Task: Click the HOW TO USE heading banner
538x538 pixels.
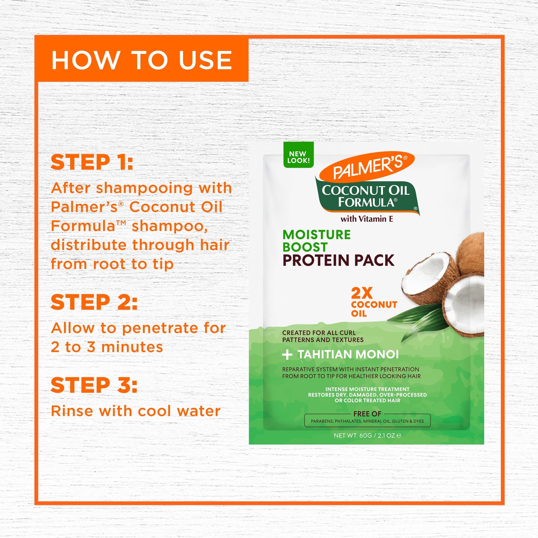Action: point(141,59)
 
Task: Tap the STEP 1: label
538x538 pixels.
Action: point(92,162)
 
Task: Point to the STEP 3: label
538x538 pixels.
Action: point(94,385)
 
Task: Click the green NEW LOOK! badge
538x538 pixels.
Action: point(298,155)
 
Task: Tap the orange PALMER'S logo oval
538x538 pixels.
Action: point(367,167)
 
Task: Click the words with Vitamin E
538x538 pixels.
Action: point(367,219)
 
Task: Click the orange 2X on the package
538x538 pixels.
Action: point(361,293)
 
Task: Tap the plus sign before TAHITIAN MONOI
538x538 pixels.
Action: point(287,355)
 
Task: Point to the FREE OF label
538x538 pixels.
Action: point(367,413)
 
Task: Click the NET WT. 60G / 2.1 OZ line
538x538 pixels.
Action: point(367,435)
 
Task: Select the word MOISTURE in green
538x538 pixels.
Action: point(316,235)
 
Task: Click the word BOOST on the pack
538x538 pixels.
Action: point(305,247)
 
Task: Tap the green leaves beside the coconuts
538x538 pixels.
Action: point(417,320)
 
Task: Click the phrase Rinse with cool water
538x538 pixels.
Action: point(136,411)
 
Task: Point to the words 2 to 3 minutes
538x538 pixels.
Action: point(107,347)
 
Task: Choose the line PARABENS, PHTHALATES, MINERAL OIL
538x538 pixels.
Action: point(367,421)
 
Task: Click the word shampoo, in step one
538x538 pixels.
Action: point(170,227)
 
